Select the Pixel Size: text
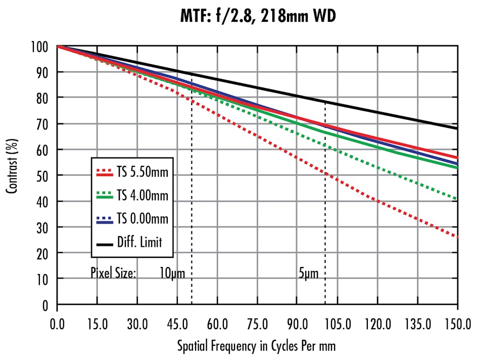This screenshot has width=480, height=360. pyautogui.click(x=113, y=274)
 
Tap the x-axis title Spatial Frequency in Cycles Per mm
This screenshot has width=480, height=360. pyautogui.click(x=256, y=346)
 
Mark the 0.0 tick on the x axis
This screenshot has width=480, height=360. pyautogui.click(x=57, y=321)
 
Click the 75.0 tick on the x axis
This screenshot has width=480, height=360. pyautogui.click(x=257, y=321)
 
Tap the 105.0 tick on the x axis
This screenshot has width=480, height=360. pyautogui.click(x=337, y=321)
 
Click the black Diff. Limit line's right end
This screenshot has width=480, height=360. pyautogui.click(x=457, y=128)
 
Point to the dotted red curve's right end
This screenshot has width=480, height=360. pyautogui.click(x=457, y=237)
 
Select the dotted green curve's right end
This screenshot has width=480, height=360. pyautogui.click(x=457, y=199)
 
